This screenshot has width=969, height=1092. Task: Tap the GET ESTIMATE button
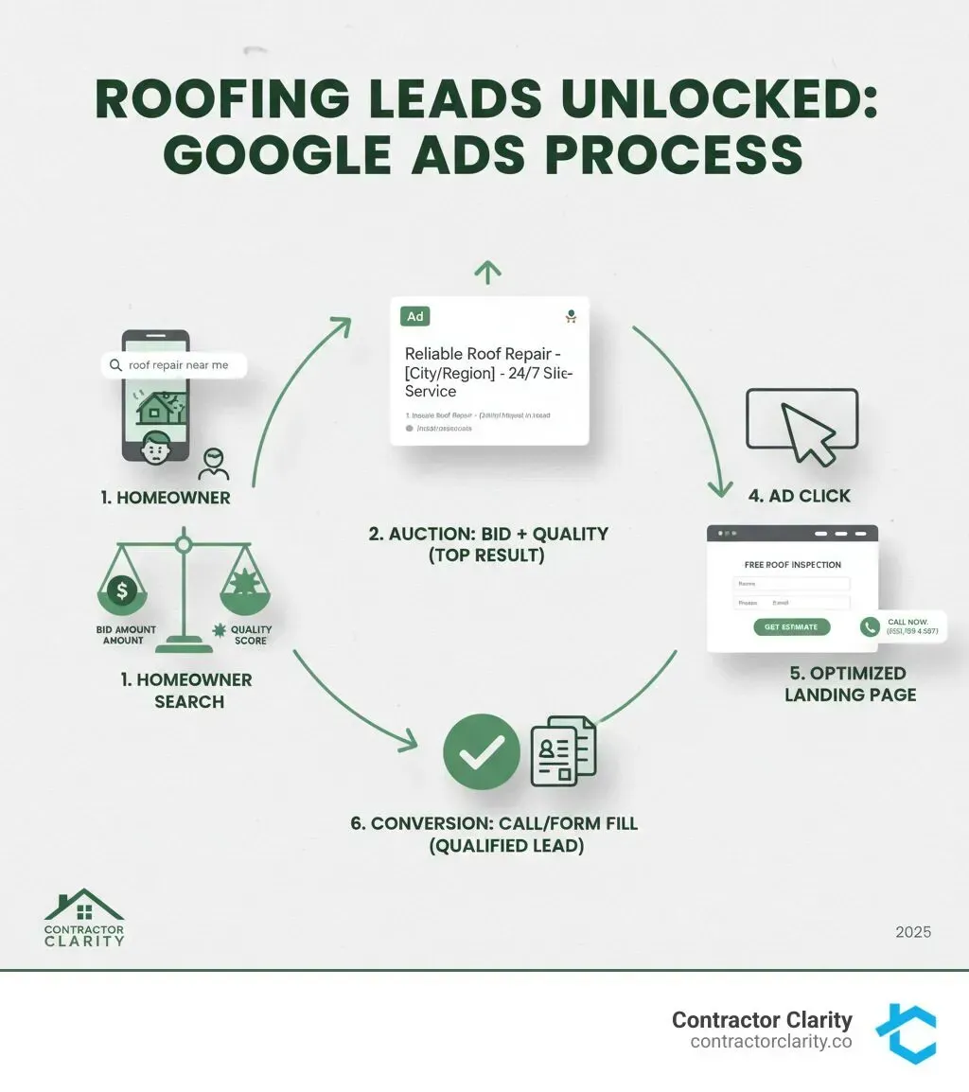coord(791,626)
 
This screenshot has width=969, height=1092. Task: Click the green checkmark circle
coord(482,751)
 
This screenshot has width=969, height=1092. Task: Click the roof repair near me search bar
coord(174,364)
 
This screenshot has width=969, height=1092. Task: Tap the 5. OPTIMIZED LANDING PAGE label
coord(851,683)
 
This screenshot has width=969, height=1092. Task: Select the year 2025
coord(913,932)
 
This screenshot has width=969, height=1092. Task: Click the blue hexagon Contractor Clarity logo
coord(905,1033)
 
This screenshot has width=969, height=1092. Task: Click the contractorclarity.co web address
coord(771,1042)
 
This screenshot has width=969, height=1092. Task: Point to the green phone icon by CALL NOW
coord(870,626)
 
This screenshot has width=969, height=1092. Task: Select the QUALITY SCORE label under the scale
coord(250,634)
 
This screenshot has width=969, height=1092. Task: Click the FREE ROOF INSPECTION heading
coord(792,565)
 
